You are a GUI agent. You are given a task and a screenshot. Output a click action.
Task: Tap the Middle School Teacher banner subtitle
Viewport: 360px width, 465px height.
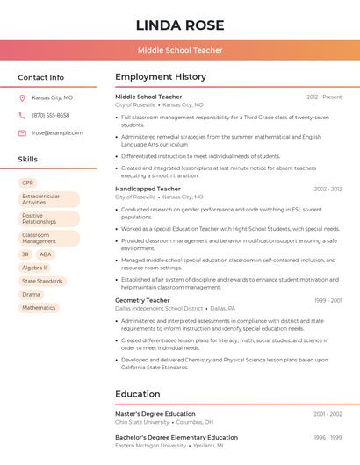click(179, 51)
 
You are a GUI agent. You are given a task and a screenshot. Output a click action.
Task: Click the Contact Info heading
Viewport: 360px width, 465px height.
click(40, 77)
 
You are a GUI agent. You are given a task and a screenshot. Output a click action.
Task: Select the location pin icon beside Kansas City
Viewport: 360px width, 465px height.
click(22, 97)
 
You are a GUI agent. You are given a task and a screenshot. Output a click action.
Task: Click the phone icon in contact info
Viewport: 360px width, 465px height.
click(22, 115)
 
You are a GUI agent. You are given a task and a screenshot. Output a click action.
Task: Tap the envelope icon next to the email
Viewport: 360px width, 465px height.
click(22, 133)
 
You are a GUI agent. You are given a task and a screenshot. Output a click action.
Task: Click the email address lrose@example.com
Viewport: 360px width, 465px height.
click(57, 133)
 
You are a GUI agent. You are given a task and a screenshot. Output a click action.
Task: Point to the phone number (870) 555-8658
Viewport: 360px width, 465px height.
click(50, 115)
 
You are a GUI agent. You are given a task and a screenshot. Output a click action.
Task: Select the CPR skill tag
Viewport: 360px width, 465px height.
click(27, 182)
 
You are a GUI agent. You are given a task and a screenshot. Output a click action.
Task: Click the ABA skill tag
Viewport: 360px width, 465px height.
click(46, 254)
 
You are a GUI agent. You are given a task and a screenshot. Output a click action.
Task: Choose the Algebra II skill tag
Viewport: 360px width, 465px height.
click(34, 268)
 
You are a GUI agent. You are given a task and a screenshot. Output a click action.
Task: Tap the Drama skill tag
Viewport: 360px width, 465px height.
click(31, 295)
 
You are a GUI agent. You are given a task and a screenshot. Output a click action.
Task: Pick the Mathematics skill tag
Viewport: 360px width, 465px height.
click(39, 308)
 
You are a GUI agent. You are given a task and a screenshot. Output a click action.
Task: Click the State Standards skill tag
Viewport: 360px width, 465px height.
click(42, 281)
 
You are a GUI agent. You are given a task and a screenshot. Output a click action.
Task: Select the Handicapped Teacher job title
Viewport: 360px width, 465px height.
click(148, 189)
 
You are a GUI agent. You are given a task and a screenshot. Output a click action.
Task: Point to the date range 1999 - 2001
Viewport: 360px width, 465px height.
click(328, 300)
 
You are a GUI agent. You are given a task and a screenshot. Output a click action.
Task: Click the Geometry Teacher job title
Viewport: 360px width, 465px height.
click(142, 300)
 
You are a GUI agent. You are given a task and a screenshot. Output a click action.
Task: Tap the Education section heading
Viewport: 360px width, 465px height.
click(138, 394)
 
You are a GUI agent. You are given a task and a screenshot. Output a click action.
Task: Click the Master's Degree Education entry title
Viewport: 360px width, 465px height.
click(155, 413)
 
